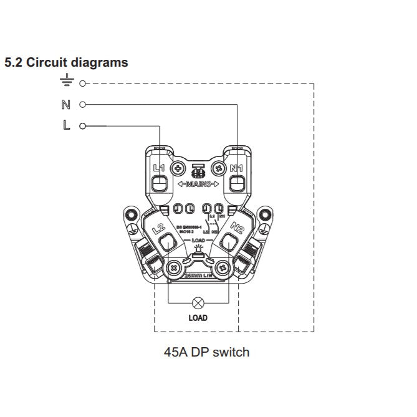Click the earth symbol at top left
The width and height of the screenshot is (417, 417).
tap(67, 80)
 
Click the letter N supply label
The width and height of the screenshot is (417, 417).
tap(66, 104)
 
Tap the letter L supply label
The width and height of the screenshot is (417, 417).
tap(67, 125)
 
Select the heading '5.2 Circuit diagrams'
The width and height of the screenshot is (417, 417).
tap(66, 63)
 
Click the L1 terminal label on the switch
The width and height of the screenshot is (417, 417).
tap(158, 168)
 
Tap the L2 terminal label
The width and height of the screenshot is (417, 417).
tap(158, 228)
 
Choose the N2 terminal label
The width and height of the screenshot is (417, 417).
tap(237, 228)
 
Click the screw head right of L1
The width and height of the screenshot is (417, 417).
tap(178, 168)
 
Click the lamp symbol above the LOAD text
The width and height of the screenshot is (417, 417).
tap(198, 304)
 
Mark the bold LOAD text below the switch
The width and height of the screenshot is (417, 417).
tap(198, 318)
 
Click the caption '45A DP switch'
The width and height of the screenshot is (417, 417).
tap(206, 352)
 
